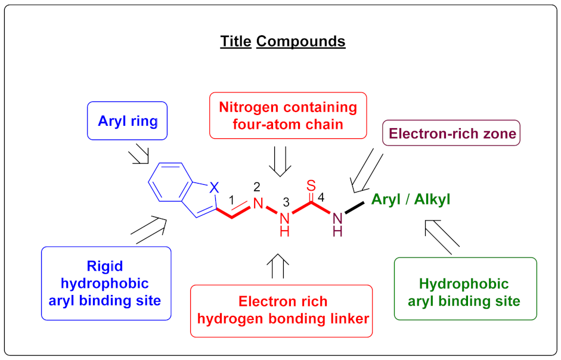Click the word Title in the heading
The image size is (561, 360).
pyautogui.click(x=235, y=42)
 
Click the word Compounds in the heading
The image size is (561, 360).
pyautogui.click(x=300, y=42)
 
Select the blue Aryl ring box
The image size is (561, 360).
pyautogui.click(x=128, y=122)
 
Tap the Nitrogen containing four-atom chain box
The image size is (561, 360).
pyautogui.click(x=288, y=116)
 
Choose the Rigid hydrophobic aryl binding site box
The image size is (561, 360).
pyautogui.click(x=106, y=283)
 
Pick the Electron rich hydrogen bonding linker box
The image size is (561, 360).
pyautogui.click(x=281, y=310)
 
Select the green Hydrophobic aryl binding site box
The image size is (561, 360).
pyautogui.click(x=465, y=292)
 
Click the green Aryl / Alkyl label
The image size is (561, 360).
pyautogui.click(x=411, y=199)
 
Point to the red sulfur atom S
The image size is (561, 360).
pyautogui.click(x=311, y=185)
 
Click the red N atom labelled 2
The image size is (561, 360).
pyautogui.click(x=258, y=203)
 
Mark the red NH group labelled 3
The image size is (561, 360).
pyautogui.click(x=284, y=223)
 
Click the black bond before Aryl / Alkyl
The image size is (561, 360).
pyautogui.click(x=354, y=208)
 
